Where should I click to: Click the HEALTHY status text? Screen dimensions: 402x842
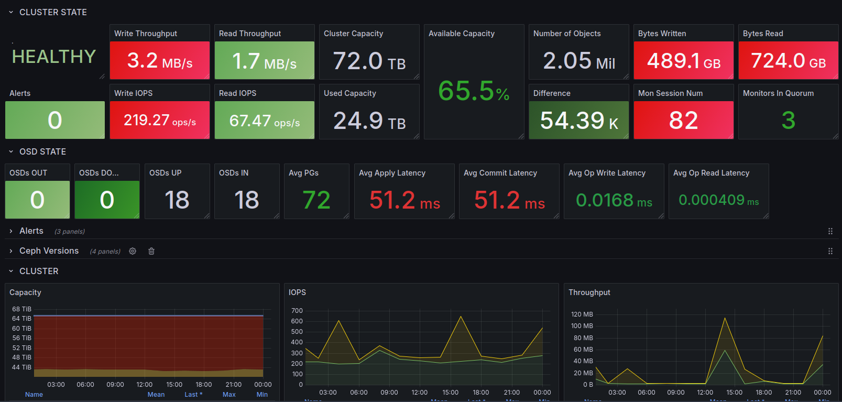click(54, 57)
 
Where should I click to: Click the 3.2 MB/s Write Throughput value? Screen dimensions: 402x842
click(160, 61)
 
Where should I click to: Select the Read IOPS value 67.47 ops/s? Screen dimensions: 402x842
click(265, 121)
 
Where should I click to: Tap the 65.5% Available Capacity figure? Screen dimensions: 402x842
click(474, 91)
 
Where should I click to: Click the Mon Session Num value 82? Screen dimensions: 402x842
click(683, 121)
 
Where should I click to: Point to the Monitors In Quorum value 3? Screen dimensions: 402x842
click(788, 121)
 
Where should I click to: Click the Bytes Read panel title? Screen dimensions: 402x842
click(763, 34)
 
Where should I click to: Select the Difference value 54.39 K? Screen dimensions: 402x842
click(579, 121)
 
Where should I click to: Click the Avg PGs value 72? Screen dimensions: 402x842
click(316, 200)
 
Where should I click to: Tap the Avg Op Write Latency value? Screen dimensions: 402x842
click(614, 200)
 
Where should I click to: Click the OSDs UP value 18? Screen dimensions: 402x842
click(177, 200)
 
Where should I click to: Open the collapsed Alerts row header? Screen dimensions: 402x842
click(31, 231)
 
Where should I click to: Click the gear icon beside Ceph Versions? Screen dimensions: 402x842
click(133, 251)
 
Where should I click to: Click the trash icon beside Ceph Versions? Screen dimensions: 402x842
click(151, 251)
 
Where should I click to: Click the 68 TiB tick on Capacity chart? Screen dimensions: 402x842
click(22, 309)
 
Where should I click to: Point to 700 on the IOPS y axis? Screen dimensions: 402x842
click(297, 311)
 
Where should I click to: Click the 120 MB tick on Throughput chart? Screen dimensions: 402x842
click(582, 314)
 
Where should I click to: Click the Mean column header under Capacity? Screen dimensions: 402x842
click(156, 395)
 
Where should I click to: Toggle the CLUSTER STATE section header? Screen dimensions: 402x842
click(53, 12)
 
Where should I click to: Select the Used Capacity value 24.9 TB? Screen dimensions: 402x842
click(369, 121)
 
